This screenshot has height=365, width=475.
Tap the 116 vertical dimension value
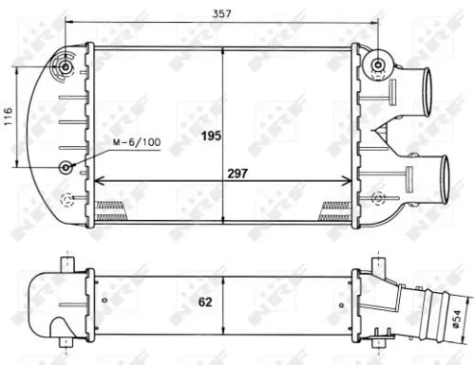pyautogui.click(x=9, y=117)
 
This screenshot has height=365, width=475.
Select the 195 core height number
pyautogui.click(x=212, y=136)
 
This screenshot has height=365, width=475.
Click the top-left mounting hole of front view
pyautogui.click(x=66, y=67)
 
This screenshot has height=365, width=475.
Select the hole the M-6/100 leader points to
pyautogui.click(x=67, y=167)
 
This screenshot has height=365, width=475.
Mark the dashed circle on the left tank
pyautogui.click(x=67, y=200)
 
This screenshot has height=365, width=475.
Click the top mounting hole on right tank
pyautogui.click(x=379, y=65)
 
